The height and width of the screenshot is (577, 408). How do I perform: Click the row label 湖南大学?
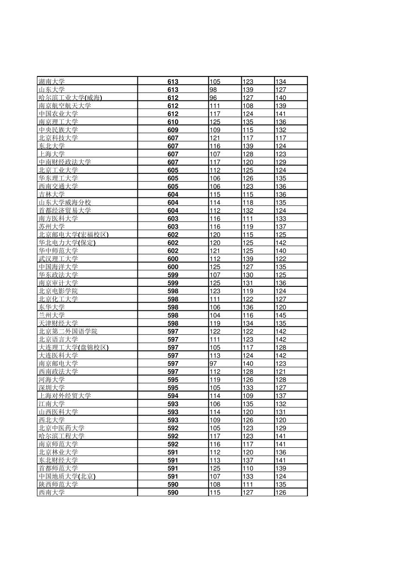[52, 82]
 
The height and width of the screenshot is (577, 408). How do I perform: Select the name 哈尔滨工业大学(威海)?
[70, 97]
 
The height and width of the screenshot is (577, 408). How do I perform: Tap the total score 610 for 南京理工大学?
[173, 122]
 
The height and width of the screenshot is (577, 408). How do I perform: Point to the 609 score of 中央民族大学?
[173, 130]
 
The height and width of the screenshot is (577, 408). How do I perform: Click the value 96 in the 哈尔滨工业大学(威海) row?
[213, 97]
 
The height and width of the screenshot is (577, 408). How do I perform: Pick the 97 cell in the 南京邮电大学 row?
[213, 364]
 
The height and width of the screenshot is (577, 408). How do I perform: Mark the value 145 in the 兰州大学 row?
[281, 315]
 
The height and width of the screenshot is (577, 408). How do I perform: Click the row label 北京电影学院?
[58, 291]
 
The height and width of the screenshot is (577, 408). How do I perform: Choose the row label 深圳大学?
[52, 388]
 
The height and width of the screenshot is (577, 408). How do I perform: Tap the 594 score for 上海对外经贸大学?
[173, 396]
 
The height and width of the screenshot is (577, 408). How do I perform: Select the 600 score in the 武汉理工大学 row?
[173, 259]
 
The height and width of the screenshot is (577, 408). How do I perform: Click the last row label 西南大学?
[52, 492]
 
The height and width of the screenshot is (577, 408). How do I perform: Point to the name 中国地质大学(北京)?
[67, 477]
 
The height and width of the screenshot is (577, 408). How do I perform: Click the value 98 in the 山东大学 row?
[213, 90]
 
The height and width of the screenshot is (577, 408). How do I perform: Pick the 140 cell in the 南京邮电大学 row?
[248, 364]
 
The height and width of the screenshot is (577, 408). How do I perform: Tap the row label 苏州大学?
[52, 227]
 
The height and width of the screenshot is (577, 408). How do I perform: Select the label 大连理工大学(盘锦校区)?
[73, 347]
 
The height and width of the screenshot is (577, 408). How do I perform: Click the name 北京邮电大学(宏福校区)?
[73, 235]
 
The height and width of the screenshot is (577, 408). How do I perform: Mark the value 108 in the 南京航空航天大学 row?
[248, 106]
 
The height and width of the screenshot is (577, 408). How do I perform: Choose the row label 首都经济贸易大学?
[64, 210]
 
